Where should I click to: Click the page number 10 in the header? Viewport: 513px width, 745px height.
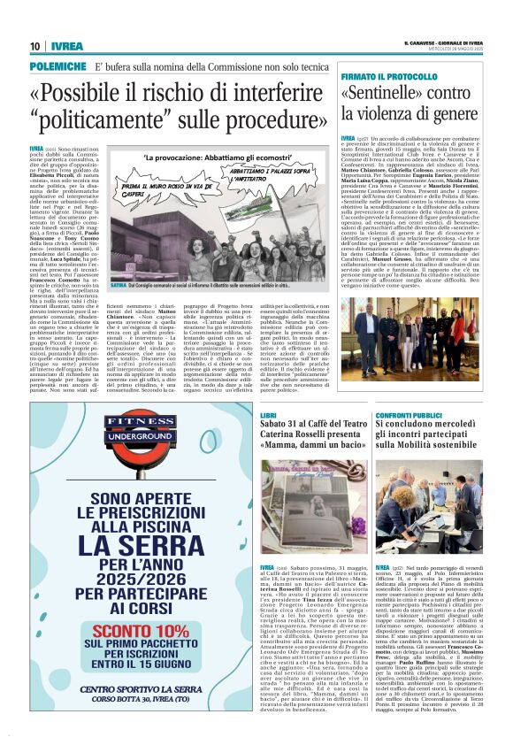(x=34, y=47)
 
